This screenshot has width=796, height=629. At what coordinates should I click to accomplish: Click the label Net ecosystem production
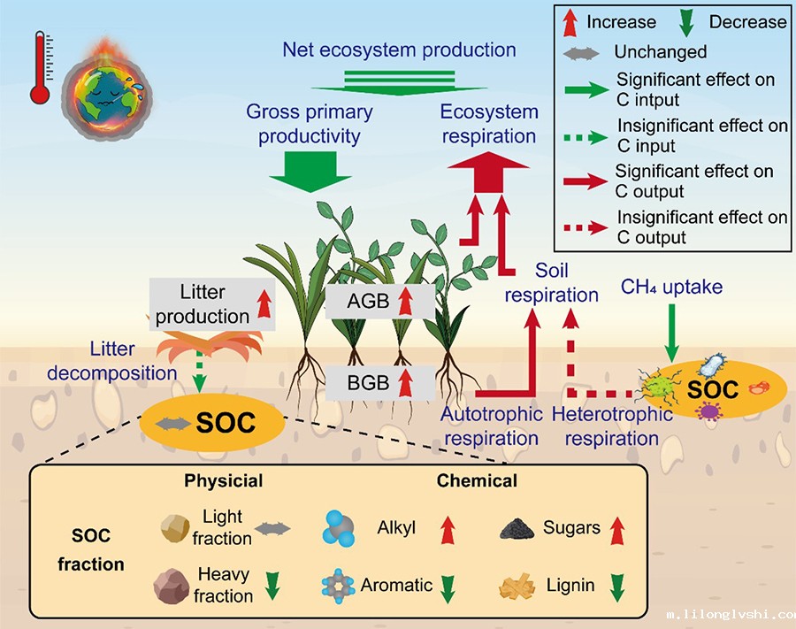(x=399, y=49)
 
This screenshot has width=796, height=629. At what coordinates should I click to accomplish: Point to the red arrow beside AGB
(x=406, y=302)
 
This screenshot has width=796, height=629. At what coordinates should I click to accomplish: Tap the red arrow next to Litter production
(x=262, y=305)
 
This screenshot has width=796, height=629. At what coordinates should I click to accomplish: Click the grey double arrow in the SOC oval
(x=172, y=425)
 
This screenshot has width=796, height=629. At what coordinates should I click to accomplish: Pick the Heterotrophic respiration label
(x=611, y=426)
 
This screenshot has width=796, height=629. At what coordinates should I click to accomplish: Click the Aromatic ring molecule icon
(x=339, y=585)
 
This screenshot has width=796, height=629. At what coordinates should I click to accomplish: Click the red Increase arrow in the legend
(x=570, y=21)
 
